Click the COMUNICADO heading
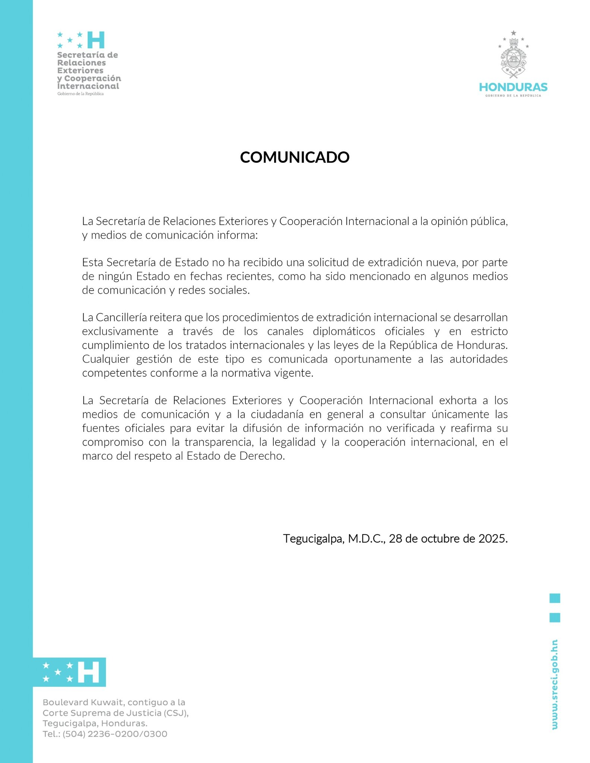295,157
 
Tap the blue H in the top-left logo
96,40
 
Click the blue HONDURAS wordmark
513,87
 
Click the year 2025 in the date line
493,539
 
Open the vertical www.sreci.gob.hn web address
555,685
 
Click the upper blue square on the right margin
555,598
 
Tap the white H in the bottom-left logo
88,672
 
